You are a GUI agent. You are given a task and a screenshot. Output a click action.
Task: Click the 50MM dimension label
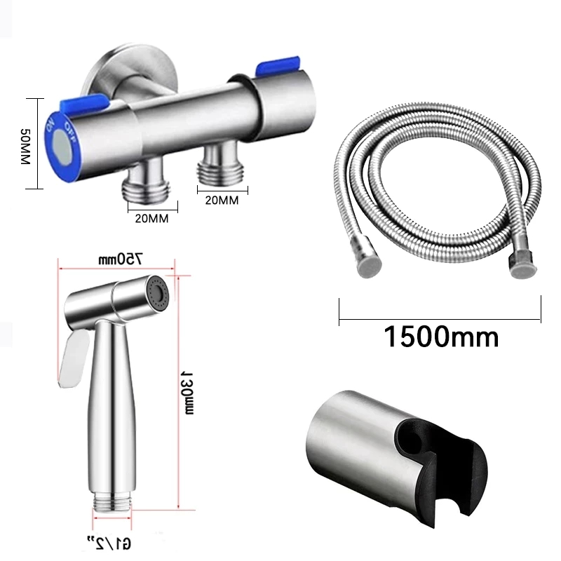pos(25,147)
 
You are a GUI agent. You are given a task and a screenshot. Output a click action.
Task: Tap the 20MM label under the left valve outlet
pos(151,218)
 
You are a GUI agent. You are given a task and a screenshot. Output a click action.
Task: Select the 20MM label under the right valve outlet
pos(222,200)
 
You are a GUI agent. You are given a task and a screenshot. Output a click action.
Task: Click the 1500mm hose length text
pos(441,337)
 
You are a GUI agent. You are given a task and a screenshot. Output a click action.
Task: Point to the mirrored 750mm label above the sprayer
pos(121,259)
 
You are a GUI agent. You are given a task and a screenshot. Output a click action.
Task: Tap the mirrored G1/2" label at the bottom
pos(109,543)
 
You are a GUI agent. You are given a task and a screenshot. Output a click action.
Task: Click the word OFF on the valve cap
pos(71,133)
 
